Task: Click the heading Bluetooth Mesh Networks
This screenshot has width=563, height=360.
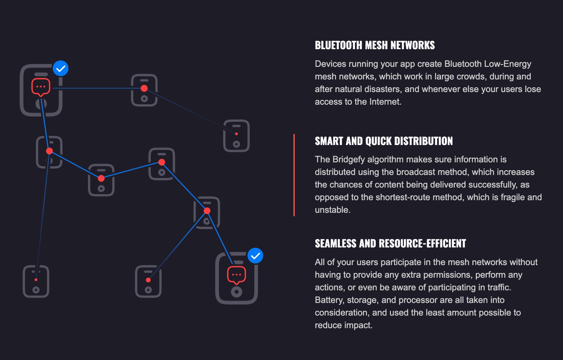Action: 374,45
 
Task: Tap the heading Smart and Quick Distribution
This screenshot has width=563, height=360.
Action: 384,141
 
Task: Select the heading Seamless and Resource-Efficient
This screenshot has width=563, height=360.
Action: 390,243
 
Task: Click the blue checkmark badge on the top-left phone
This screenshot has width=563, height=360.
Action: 61,68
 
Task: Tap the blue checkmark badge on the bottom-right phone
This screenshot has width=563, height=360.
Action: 255,256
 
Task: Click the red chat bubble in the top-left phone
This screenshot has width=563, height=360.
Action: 41,87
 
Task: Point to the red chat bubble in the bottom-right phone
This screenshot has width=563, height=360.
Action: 236,275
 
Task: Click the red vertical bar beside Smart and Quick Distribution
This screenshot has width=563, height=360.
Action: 294,175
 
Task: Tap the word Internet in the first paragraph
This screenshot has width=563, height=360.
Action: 385,102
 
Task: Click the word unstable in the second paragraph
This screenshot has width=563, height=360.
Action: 332,210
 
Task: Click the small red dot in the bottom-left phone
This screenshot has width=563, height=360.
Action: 36,280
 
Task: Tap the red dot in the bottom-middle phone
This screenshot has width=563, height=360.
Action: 148,280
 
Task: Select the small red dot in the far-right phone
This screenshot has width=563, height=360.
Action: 236,134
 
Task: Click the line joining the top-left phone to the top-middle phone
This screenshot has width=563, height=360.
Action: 95,88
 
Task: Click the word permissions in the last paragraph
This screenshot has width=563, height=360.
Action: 448,275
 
